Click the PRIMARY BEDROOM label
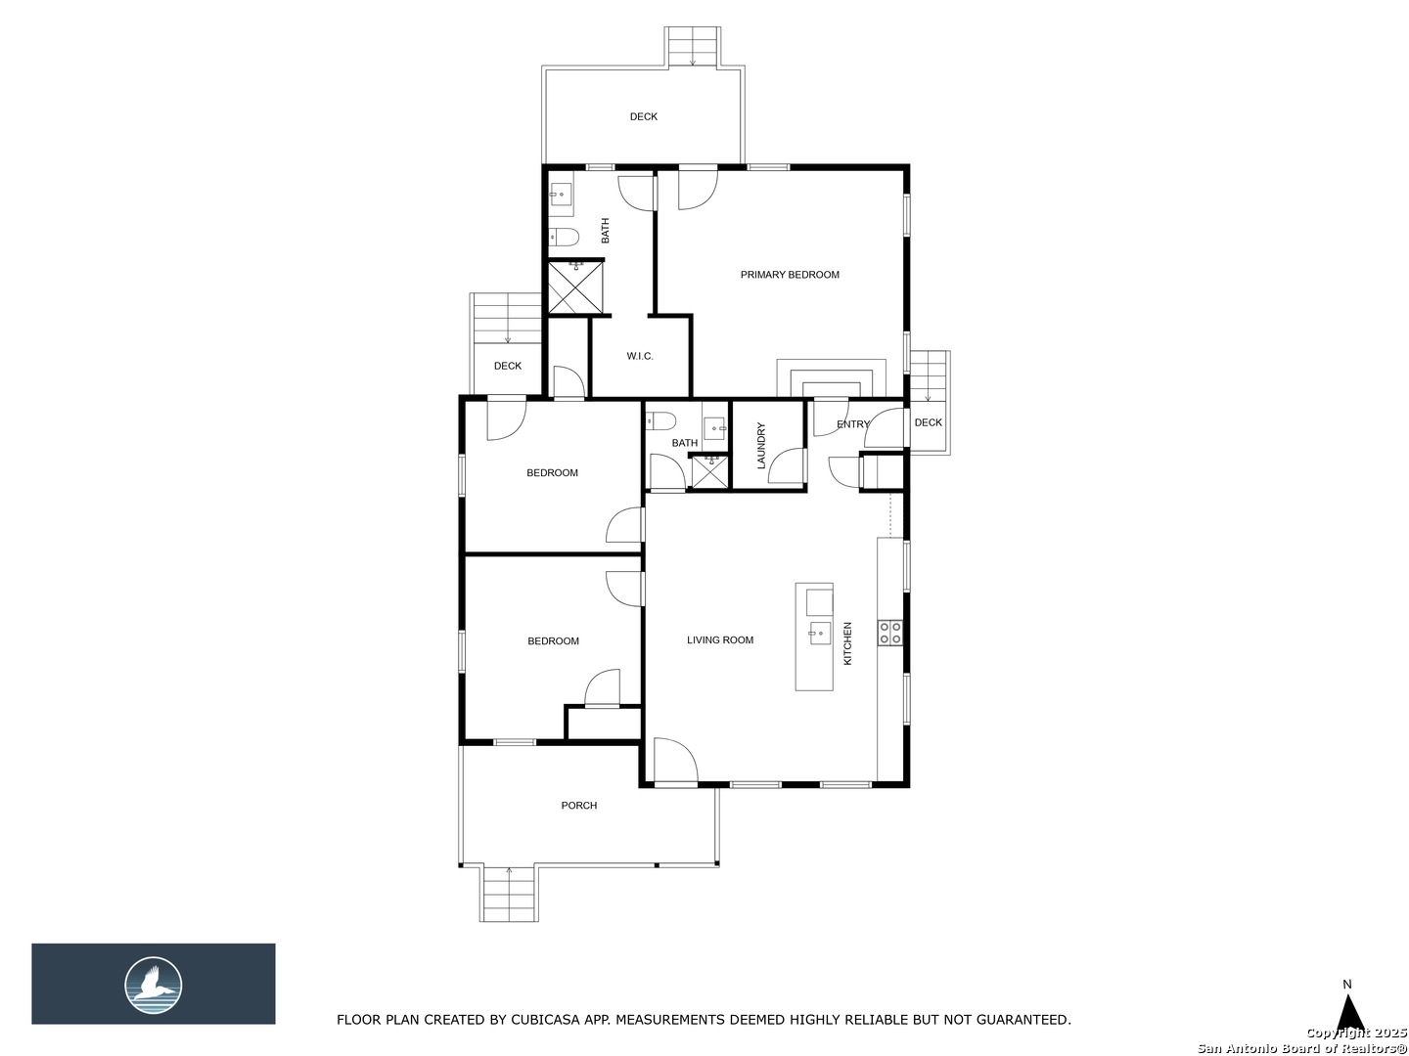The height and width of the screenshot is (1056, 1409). pyautogui.click(x=790, y=275)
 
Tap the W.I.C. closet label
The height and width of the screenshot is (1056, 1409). pyautogui.click(x=639, y=356)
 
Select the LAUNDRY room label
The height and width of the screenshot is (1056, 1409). pyautogui.click(x=761, y=445)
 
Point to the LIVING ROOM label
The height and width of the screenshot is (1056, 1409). pyautogui.click(x=719, y=639)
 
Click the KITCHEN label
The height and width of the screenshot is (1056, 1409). pyautogui.click(x=847, y=643)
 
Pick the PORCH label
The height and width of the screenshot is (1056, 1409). pyautogui.click(x=579, y=806)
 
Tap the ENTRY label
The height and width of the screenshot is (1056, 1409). pyautogui.click(x=852, y=423)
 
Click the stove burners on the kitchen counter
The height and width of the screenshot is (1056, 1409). pyautogui.click(x=889, y=633)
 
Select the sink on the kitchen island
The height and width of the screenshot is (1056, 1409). pyautogui.click(x=819, y=633)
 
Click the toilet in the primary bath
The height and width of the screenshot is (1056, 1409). pyautogui.click(x=565, y=238)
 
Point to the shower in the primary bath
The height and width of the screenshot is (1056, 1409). pyautogui.click(x=575, y=287)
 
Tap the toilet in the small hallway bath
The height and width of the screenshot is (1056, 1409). pyautogui.click(x=661, y=421)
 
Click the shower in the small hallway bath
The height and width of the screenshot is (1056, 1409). pyautogui.click(x=709, y=472)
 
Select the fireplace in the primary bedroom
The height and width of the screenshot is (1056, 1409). pyautogui.click(x=832, y=378)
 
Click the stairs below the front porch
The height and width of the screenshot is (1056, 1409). pyautogui.click(x=509, y=894)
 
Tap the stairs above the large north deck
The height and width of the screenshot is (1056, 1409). pyautogui.click(x=692, y=46)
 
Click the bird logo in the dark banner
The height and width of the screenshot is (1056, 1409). pyautogui.click(x=154, y=986)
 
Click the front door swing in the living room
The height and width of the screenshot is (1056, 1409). pyautogui.click(x=675, y=761)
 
